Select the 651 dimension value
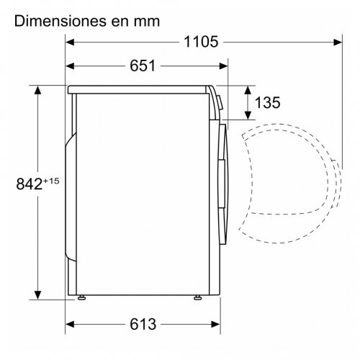coord(143,66)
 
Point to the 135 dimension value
coord(267,102)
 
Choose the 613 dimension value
coord(143,324)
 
